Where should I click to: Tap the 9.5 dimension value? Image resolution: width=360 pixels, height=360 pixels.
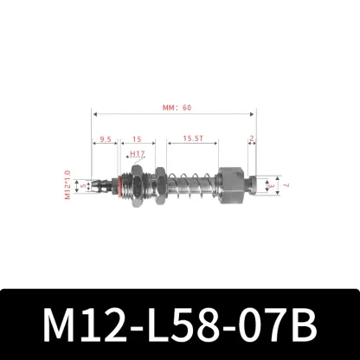tap(105, 138)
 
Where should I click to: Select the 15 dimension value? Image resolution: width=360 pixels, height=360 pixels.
tap(137, 138)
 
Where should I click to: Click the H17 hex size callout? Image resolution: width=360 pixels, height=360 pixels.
tap(137, 157)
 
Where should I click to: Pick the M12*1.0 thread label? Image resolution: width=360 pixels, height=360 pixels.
tap(67, 184)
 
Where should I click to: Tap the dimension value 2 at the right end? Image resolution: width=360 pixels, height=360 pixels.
tap(252, 138)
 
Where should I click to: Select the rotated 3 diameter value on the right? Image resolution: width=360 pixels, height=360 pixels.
tap(268, 184)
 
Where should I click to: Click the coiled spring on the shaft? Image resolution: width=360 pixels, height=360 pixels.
tap(194, 184)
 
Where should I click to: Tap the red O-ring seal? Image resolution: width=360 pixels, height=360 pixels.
tap(118, 184)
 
